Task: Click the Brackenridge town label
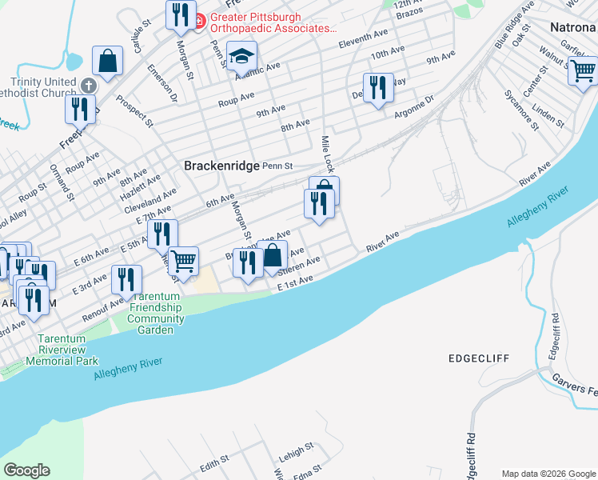pos(222,166)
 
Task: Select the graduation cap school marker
pos(241,57)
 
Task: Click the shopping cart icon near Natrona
pos(583,71)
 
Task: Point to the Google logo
pos(26,470)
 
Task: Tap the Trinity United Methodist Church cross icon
pos(87,84)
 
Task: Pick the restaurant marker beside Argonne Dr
pos(378,87)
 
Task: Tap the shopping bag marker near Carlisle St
pos(107,60)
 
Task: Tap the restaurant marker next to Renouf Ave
pos(126,279)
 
